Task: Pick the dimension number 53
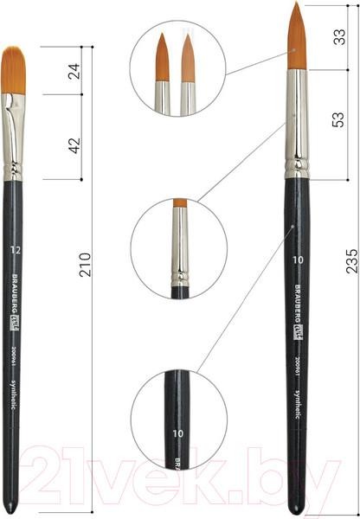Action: [341, 121]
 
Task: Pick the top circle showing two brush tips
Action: [176, 71]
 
